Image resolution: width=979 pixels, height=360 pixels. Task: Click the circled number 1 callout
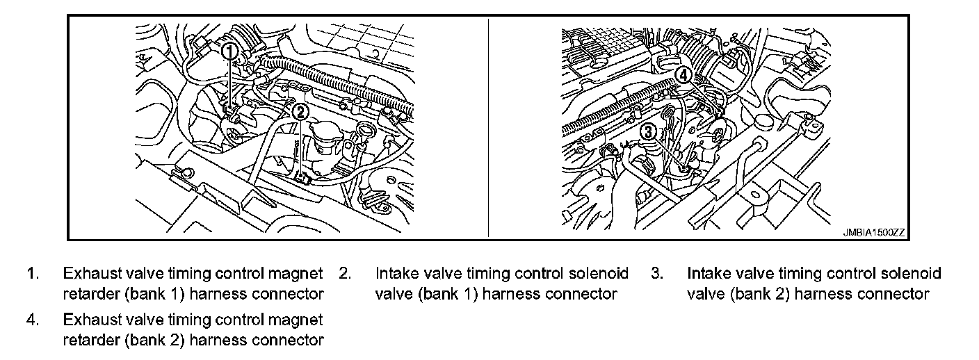point(230,51)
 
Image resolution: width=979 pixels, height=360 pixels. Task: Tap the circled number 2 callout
point(300,113)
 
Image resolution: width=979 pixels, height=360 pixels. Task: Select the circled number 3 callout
point(649,131)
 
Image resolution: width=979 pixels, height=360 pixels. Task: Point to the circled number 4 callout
point(683,76)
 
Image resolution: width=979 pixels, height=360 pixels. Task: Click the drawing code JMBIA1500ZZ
point(874,232)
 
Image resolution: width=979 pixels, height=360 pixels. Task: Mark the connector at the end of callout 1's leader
point(230,110)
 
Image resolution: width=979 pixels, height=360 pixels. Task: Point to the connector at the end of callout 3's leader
point(683,167)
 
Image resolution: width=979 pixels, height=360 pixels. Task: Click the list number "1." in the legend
point(33,274)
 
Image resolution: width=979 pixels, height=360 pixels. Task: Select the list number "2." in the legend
point(346,274)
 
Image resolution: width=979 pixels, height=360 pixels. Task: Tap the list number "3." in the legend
point(657,274)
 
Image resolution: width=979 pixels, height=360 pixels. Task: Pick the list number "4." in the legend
point(33,320)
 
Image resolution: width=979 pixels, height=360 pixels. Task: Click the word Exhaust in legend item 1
point(92,274)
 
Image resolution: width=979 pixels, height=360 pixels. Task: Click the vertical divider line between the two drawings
point(488,127)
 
